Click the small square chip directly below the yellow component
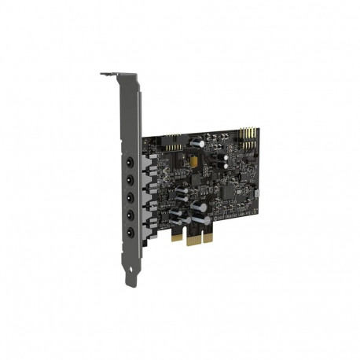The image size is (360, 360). coord(194,174)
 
